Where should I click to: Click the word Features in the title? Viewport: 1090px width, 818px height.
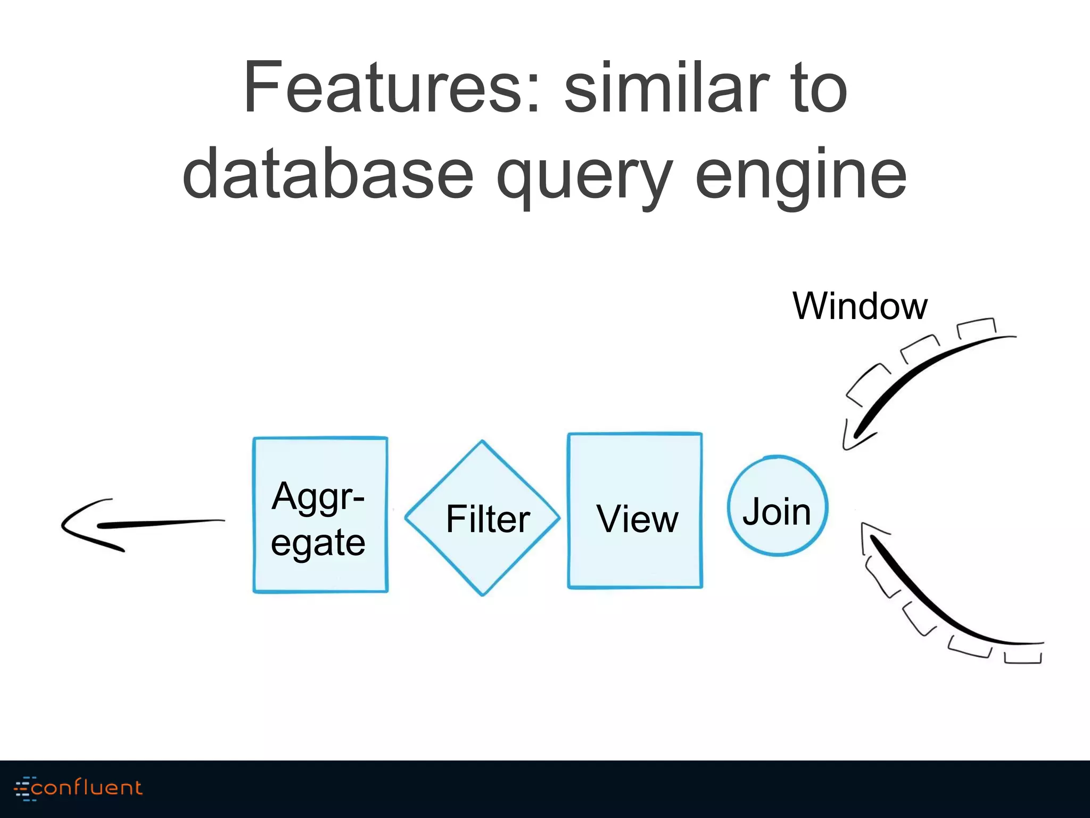tap(391, 88)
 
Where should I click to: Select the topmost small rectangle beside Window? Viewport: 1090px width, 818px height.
tap(977, 328)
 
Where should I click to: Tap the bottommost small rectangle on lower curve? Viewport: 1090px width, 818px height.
tap(1022, 657)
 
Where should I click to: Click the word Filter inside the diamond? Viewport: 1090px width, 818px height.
tap(488, 519)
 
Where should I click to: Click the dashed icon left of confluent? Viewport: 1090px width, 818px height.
tap(22, 788)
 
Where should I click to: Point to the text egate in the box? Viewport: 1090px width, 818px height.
tap(318, 543)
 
